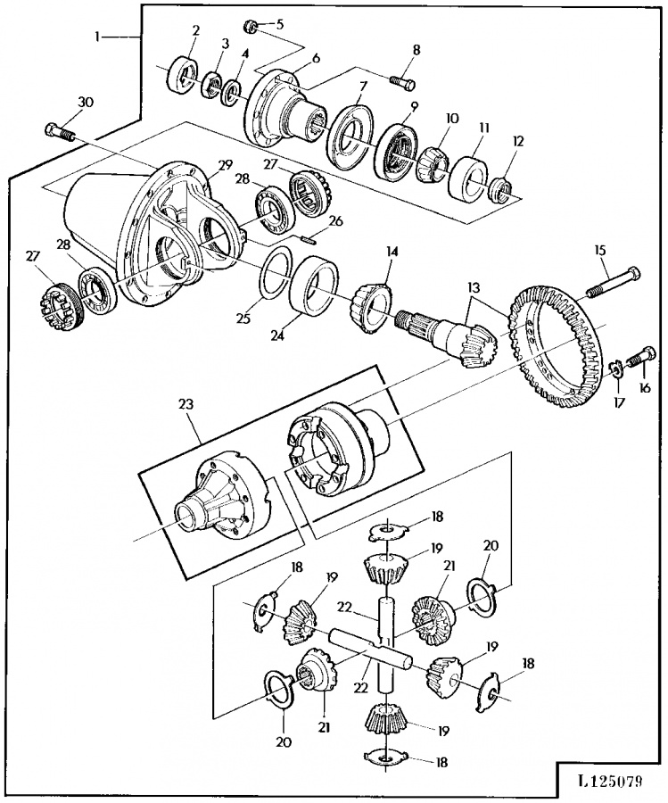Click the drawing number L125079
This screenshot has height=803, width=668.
(610, 782)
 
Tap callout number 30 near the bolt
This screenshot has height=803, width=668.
(85, 103)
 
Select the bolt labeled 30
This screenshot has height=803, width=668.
(61, 130)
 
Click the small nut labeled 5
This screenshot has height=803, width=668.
(251, 24)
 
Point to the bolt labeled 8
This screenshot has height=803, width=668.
(403, 82)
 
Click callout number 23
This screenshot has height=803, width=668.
(186, 404)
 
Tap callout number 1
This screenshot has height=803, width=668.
(97, 36)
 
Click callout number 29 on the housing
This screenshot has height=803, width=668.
(226, 166)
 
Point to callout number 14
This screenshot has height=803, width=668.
(392, 252)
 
